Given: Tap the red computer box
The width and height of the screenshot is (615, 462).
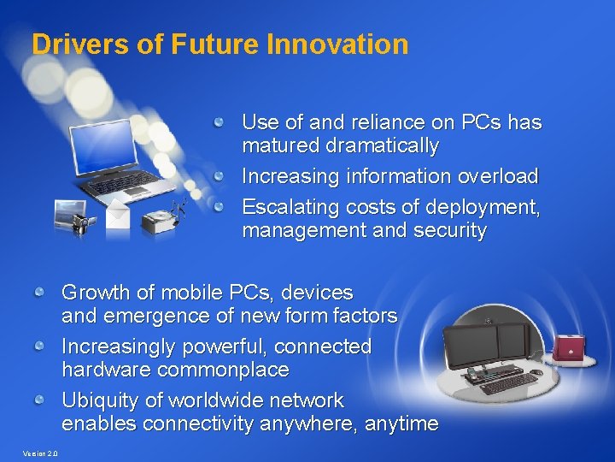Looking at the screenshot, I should click(570, 346).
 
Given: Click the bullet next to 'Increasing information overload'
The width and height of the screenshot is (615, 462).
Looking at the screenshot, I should click(220, 176).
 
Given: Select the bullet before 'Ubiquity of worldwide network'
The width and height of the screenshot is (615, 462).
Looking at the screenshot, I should click(39, 400).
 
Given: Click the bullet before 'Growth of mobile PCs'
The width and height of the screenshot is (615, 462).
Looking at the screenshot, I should click(39, 293).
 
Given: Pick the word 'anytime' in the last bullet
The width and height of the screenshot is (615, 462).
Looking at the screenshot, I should click(401, 423).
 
